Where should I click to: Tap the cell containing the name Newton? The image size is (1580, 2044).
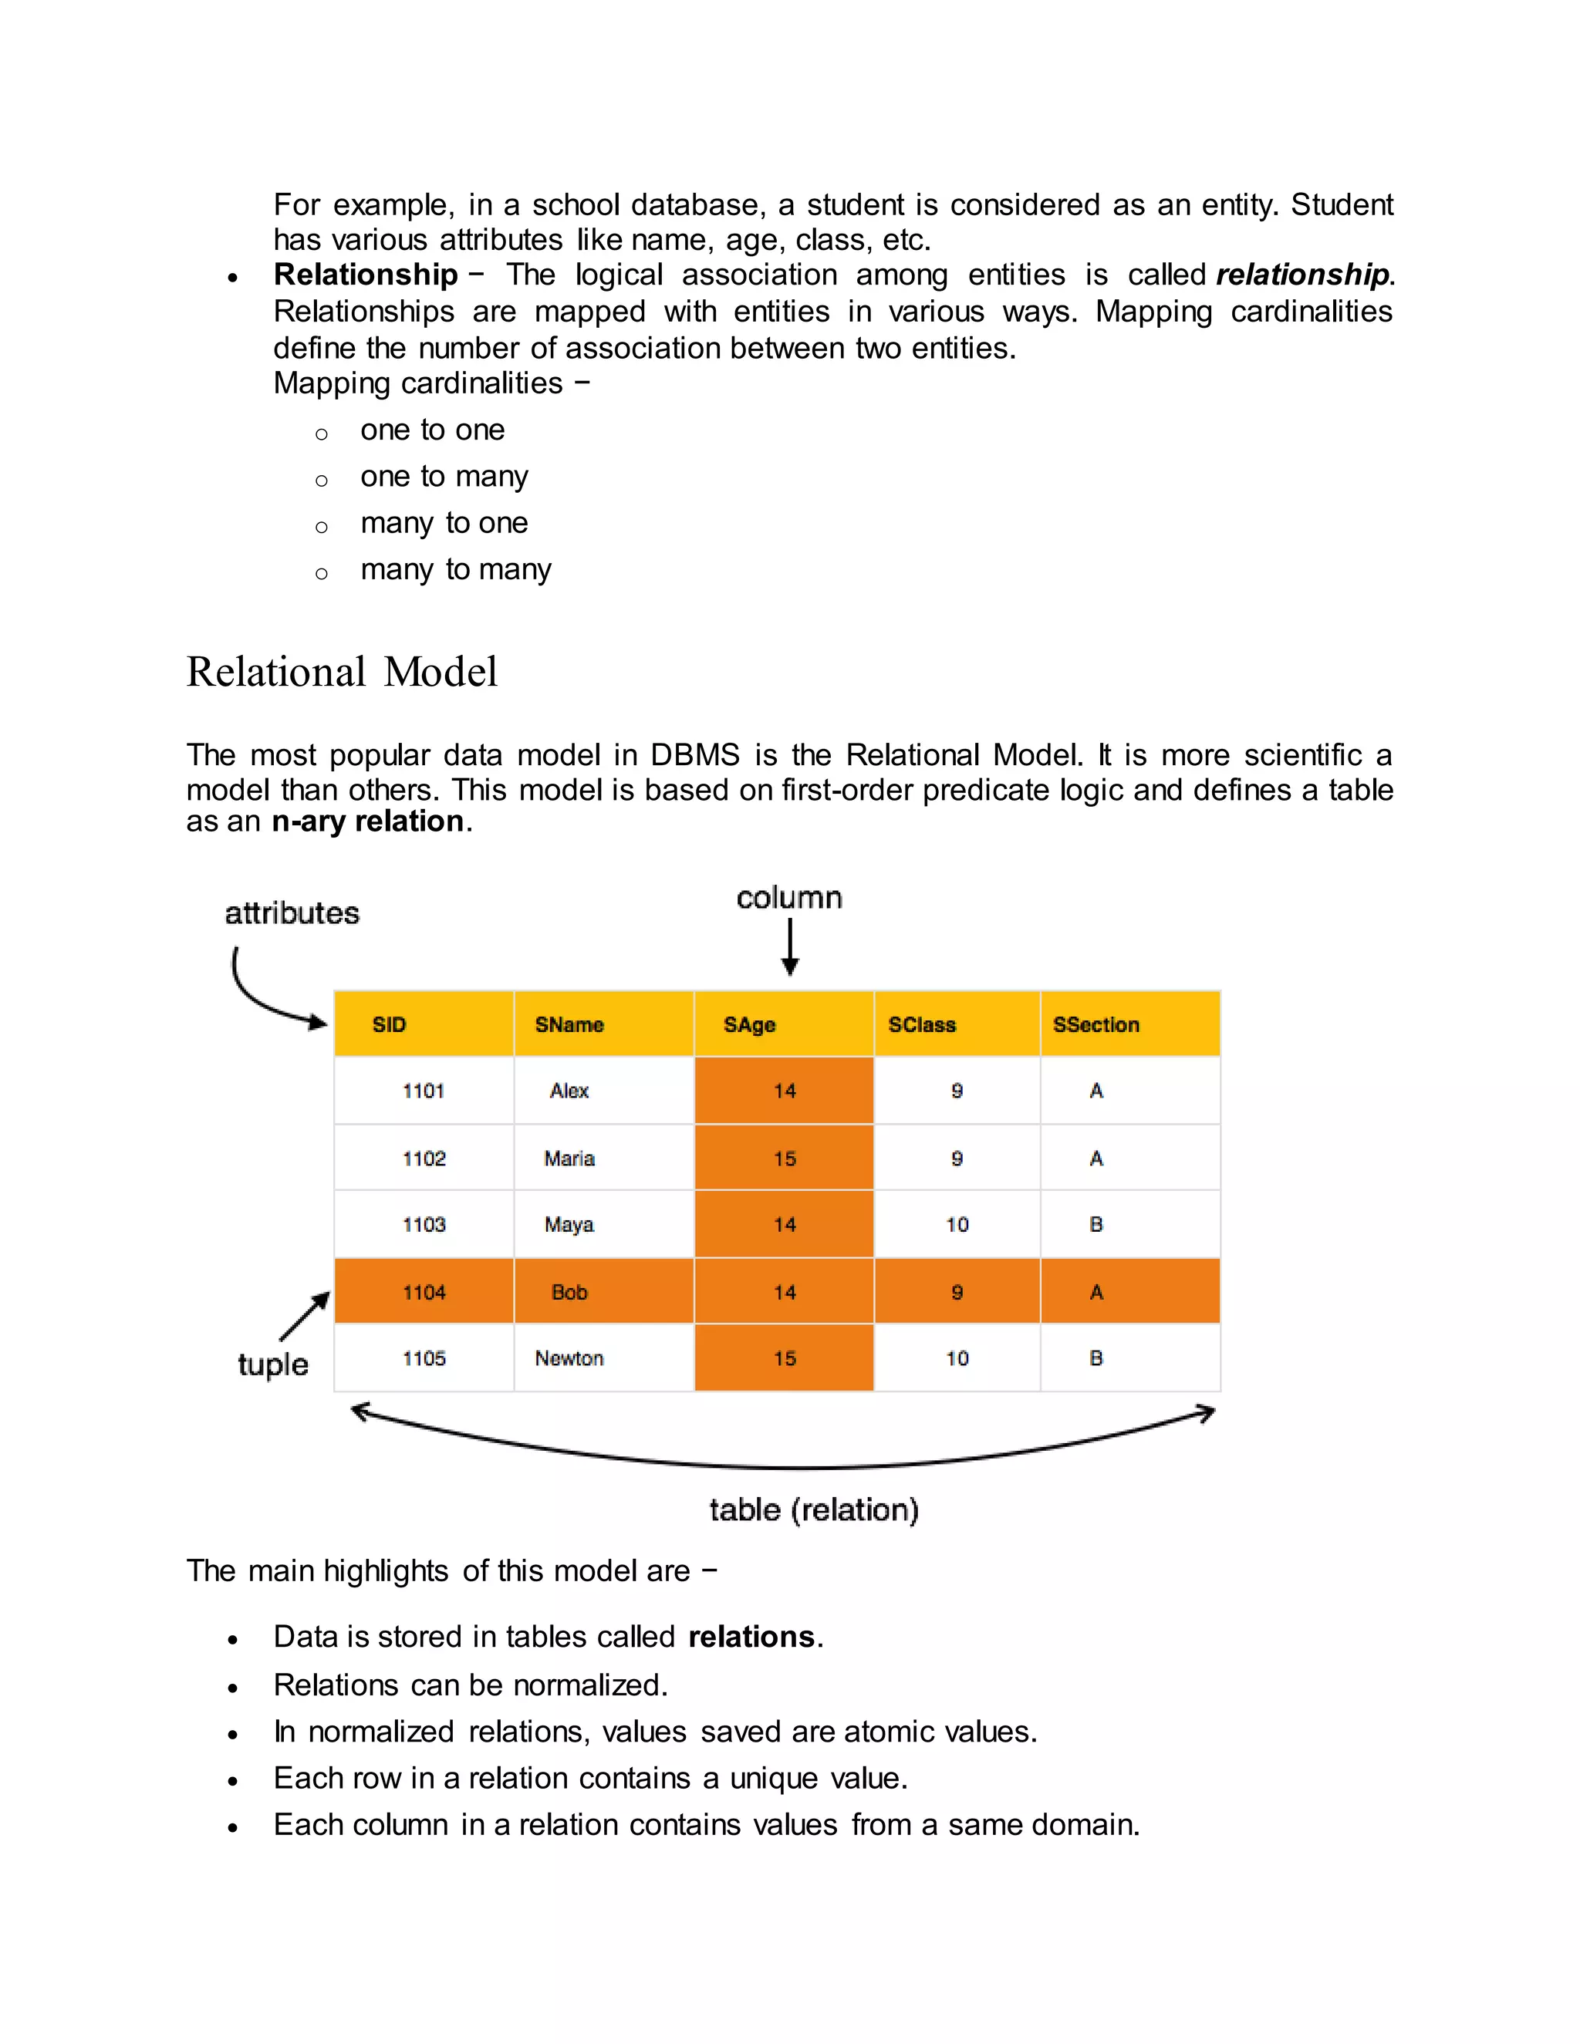pos(569,1358)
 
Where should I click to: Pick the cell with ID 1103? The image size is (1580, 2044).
pos(424,1224)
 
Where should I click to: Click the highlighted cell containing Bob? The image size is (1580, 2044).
pos(569,1291)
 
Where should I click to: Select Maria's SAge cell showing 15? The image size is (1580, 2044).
pos(785,1159)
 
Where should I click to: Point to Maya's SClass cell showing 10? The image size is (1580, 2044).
pos(957,1224)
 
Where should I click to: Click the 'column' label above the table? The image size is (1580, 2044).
pos(789,898)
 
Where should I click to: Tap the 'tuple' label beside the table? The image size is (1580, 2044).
pos(272,1364)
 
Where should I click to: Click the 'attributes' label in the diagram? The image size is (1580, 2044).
pos(292,912)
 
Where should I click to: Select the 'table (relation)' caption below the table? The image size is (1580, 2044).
pos(813,1509)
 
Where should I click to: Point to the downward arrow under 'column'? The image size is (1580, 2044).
pos(790,947)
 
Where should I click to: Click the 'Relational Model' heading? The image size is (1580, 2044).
pos(342,672)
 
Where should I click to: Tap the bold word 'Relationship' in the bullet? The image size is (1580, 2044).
pos(366,275)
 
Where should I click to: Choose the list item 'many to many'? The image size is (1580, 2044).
pos(456,569)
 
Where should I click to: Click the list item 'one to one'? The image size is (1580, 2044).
pos(433,430)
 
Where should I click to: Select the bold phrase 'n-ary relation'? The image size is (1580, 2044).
pos(368,821)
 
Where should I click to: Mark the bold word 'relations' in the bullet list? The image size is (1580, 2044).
pos(751,1636)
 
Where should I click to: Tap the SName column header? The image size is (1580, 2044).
pos(569,1024)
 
